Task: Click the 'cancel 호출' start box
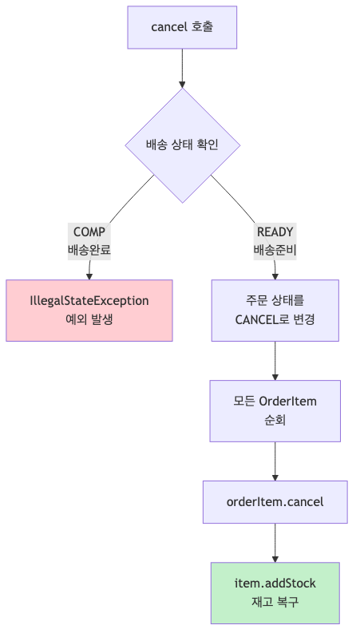point(182,27)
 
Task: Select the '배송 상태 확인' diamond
point(182,145)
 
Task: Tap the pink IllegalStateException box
point(89,311)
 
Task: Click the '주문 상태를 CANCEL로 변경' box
point(275,311)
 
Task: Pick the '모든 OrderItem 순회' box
point(275,410)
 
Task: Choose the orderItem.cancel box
point(275,501)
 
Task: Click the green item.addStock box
point(275,592)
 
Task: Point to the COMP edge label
point(89,232)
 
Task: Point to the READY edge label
point(275,232)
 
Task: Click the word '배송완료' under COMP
point(89,250)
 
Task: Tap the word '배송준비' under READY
point(275,250)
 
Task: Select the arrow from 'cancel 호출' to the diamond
point(182,67)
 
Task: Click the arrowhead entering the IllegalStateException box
point(89,275)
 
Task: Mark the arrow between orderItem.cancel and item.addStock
point(275,543)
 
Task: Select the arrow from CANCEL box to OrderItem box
point(275,361)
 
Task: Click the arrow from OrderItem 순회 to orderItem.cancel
point(275,461)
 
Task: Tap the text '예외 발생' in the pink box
point(89,320)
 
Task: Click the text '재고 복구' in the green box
point(275,602)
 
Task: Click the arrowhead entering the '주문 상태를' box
point(275,275)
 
